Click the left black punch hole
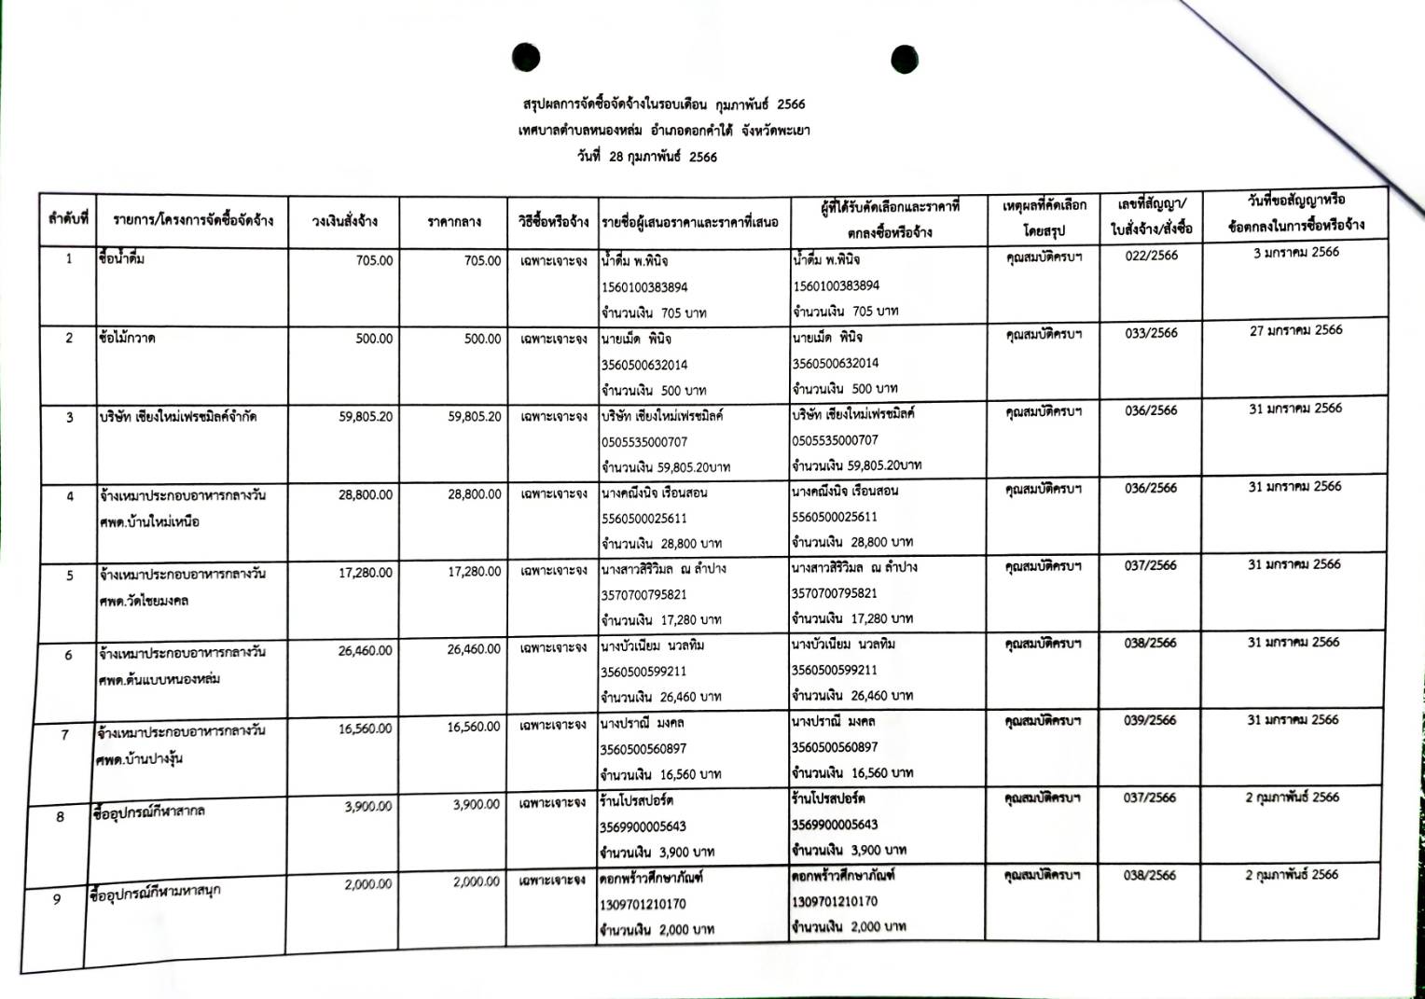pyautogui.click(x=526, y=58)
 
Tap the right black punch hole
pyautogui.click(x=905, y=59)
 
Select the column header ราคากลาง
pyautogui.click(x=453, y=222)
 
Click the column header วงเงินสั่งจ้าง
pyautogui.click(x=344, y=222)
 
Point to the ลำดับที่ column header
pyautogui.click(x=68, y=219)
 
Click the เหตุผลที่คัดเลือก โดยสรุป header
pyautogui.click(x=1044, y=217)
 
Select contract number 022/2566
pyautogui.click(x=1151, y=256)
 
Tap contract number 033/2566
pyautogui.click(x=1151, y=333)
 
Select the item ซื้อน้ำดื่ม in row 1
pyautogui.click(x=121, y=258)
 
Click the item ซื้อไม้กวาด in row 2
pyautogui.click(x=127, y=337)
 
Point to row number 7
pyautogui.click(x=64, y=735)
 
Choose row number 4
pyautogui.click(x=69, y=496)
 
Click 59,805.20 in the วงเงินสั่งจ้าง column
pyautogui.click(x=366, y=417)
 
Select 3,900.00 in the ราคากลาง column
pyautogui.click(x=476, y=805)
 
